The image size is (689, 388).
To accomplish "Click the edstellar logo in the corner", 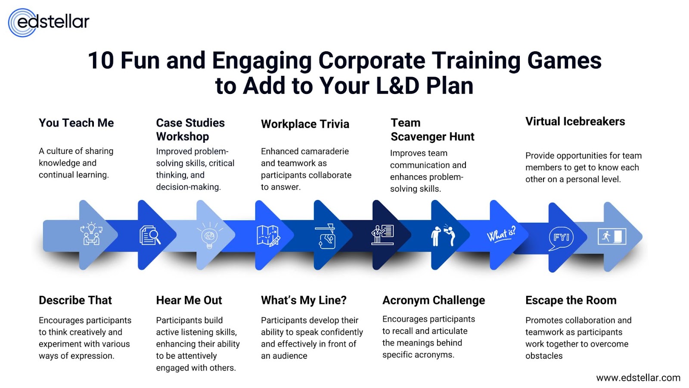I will coord(49,22).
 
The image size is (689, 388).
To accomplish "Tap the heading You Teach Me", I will coord(76,123).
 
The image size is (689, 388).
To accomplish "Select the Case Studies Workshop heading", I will coord(190,129).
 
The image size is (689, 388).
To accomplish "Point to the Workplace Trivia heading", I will coord(305,124).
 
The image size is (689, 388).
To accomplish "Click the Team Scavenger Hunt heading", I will coord(432,130).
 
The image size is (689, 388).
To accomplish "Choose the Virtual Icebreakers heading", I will coord(575,122).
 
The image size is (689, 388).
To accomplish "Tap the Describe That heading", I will coord(75,300).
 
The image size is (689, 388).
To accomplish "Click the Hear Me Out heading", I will coord(189,300).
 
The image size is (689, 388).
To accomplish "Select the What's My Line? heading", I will coord(304,300).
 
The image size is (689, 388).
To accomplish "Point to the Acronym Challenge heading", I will coord(434,300).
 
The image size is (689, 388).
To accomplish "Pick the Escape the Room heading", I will coord(571,300).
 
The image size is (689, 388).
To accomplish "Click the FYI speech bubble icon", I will coord(561,238).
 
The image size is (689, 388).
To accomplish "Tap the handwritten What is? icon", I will coord(501,235).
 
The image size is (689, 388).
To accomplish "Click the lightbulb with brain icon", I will coord(210,235).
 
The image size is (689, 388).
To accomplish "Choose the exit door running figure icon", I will coord(612,236).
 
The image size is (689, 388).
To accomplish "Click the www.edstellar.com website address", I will coord(638,378).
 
